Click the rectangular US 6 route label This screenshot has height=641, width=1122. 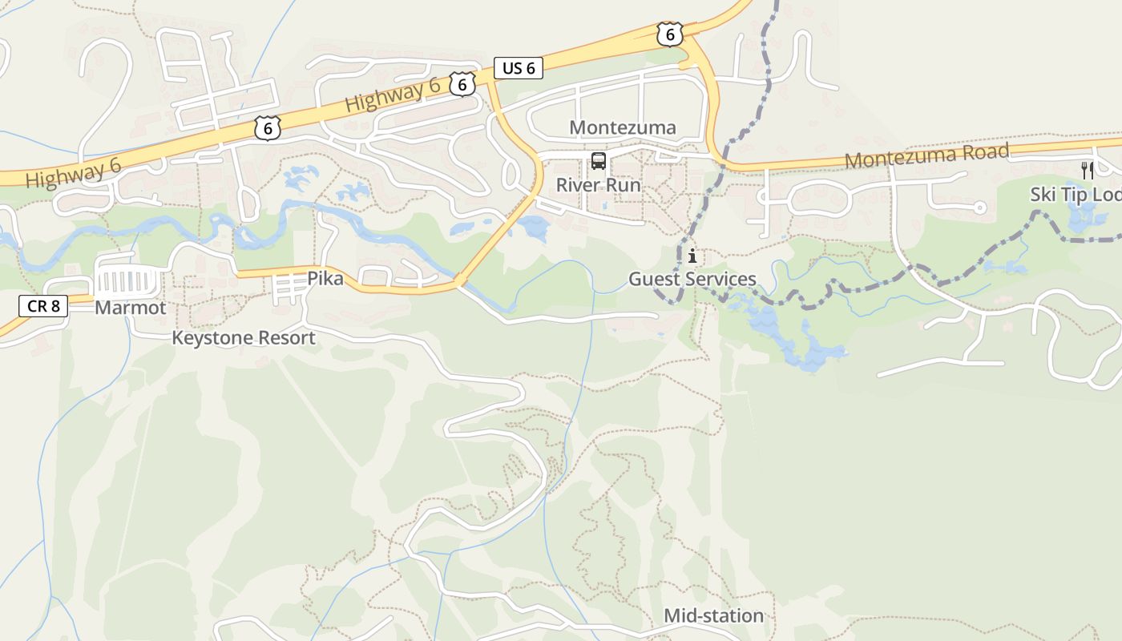519,68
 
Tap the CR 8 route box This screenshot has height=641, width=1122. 42,305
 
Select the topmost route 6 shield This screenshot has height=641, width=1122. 669,34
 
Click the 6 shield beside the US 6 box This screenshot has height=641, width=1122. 462,83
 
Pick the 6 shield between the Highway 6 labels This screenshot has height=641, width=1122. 268,127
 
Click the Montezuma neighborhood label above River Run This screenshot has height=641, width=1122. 623,127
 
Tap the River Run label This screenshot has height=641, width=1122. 599,185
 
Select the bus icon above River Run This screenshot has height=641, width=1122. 599,161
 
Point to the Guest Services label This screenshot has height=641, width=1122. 692,279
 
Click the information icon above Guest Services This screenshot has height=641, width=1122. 692,256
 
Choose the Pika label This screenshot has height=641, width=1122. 325,279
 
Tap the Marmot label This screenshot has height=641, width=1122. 131,308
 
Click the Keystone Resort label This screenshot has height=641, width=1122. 244,338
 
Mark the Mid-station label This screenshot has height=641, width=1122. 713,615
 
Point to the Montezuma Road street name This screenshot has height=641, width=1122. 926,155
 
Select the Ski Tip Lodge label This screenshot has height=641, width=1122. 1076,195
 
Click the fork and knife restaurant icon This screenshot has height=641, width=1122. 1087,170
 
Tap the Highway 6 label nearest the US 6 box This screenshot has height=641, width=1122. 394,97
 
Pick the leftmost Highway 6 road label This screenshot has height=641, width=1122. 73,172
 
